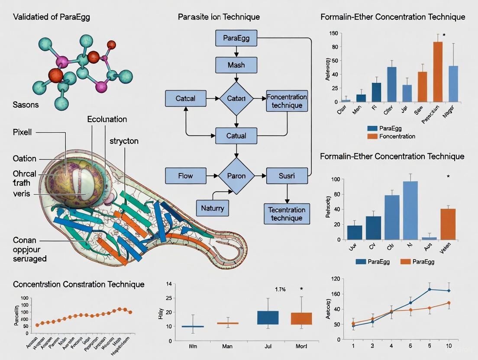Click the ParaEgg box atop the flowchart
236,38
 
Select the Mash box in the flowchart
236,65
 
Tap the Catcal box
185,98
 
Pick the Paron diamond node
236,176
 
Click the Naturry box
213,208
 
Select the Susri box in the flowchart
287,176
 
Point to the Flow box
185,176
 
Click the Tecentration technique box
287,214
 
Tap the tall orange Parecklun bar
438,71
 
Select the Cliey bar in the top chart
391,84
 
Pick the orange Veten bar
448,224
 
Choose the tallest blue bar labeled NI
410,210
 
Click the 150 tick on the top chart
333,33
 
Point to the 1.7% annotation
280,289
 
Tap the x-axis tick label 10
448,346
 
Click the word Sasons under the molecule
26,105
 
